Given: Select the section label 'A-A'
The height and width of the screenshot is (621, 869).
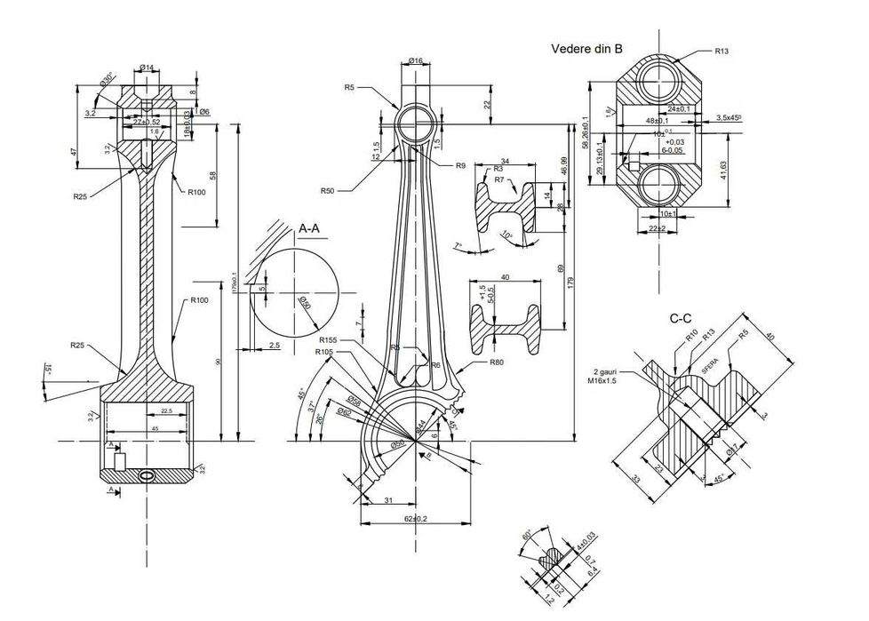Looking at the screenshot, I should pos(309,228).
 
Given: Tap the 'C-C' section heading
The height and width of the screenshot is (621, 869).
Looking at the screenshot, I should pos(682,318).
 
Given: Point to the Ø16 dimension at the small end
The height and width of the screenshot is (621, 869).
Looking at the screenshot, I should pos(416,60).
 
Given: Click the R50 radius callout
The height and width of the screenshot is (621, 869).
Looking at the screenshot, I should pos(329,190).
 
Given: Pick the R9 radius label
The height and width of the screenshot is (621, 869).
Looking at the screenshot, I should pos(460,166).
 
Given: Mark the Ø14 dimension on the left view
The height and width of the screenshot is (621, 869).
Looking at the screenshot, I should pos(147,68).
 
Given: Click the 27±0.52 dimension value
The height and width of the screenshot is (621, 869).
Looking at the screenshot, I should pos(147,122).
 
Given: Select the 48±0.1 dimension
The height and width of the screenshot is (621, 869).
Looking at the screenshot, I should pos(657,120).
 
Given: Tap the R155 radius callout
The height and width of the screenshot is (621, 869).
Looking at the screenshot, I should pos(330,339).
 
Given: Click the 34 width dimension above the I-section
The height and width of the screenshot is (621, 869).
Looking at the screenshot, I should pos(504,162).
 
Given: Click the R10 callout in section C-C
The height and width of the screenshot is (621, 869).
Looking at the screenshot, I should pos(690,336).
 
